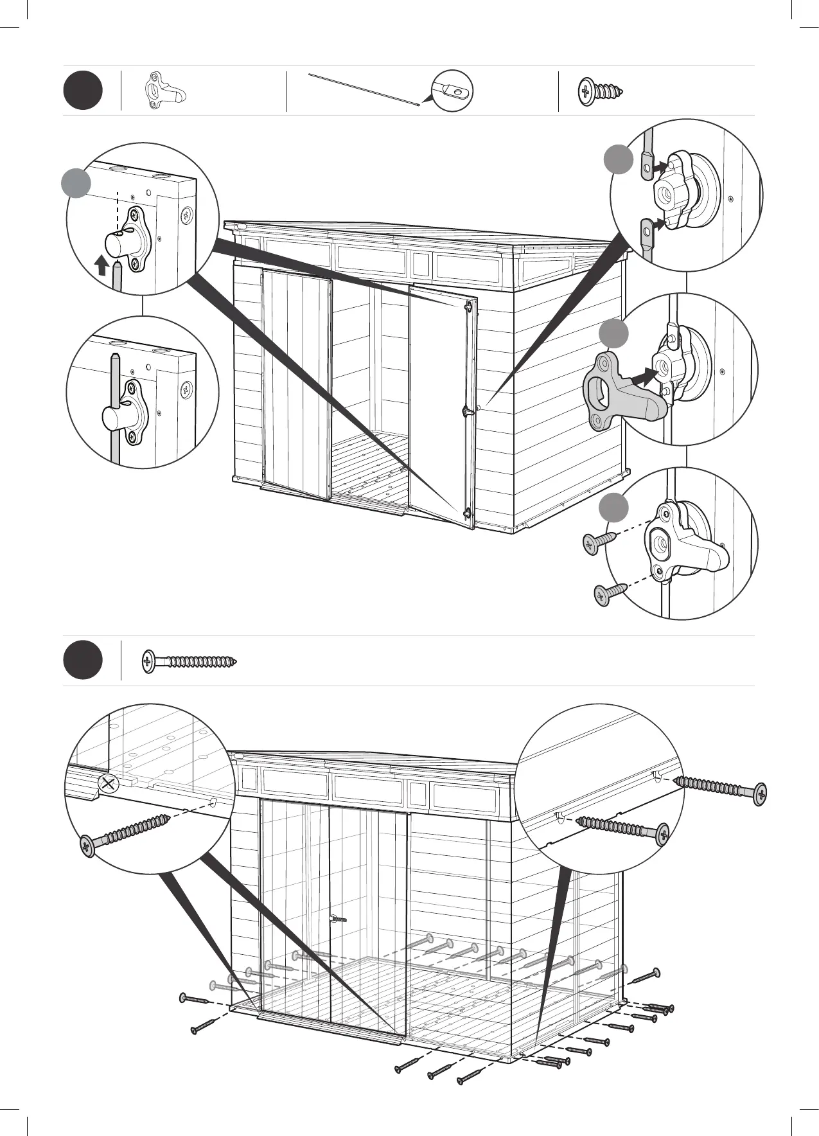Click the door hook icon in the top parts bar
(164, 91)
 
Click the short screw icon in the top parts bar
(601, 91)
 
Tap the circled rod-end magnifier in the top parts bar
(453, 91)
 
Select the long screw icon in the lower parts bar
(189, 661)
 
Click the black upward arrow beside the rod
(100, 264)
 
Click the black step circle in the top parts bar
(83, 91)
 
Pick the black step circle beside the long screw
(83, 660)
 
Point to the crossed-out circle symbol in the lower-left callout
(109, 784)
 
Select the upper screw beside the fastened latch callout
(599, 541)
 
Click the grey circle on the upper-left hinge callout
(76, 183)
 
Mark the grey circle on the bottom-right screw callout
(614, 508)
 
